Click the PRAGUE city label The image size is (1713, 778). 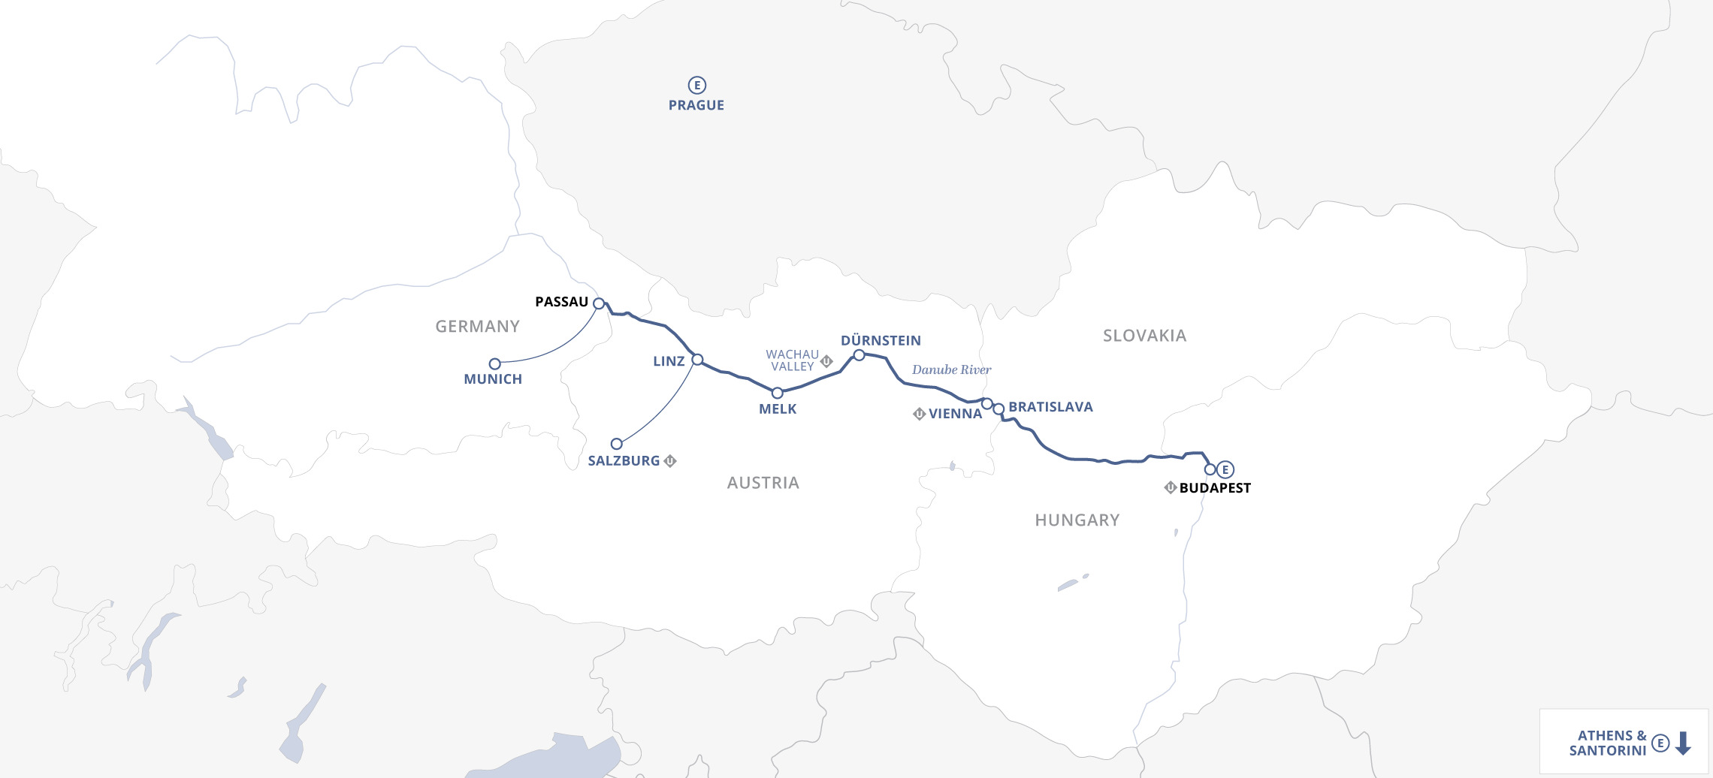click(696, 105)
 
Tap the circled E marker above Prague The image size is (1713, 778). click(696, 85)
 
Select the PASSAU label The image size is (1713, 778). click(561, 302)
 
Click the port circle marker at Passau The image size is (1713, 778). click(599, 303)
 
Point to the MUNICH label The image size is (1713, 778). click(493, 379)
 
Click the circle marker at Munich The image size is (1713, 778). click(494, 364)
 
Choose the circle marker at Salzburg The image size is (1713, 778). click(616, 444)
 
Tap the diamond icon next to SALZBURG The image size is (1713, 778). click(670, 461)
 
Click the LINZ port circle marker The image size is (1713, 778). click(697, 360)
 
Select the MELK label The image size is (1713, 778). click(778, 409)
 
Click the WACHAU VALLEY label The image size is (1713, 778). click(792, 360)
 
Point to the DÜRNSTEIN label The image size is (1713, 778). click(881, 341)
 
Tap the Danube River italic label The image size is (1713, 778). click(951, 369)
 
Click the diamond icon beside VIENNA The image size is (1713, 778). click(919, 414)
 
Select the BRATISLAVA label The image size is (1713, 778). click(1050, 407)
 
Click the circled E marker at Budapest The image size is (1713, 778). click(1225, 469)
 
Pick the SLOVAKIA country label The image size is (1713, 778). click(1144, 336)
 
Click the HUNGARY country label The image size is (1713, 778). click(1077, 520)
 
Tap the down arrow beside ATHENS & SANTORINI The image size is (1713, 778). click(1684, 743)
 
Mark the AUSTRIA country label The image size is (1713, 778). click(763, 483)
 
